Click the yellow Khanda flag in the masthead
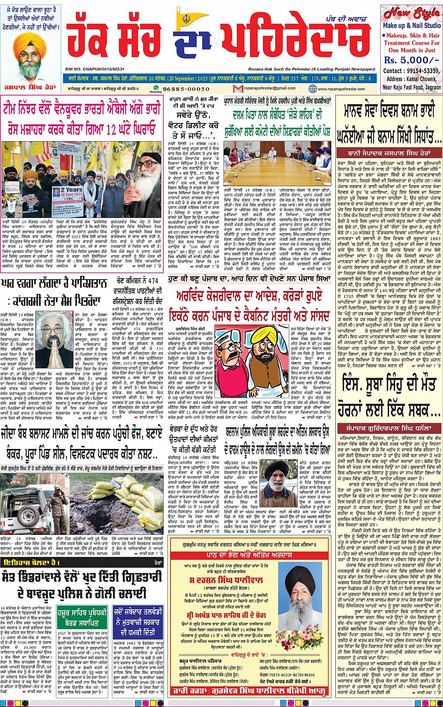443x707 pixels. (x=197, y=16)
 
